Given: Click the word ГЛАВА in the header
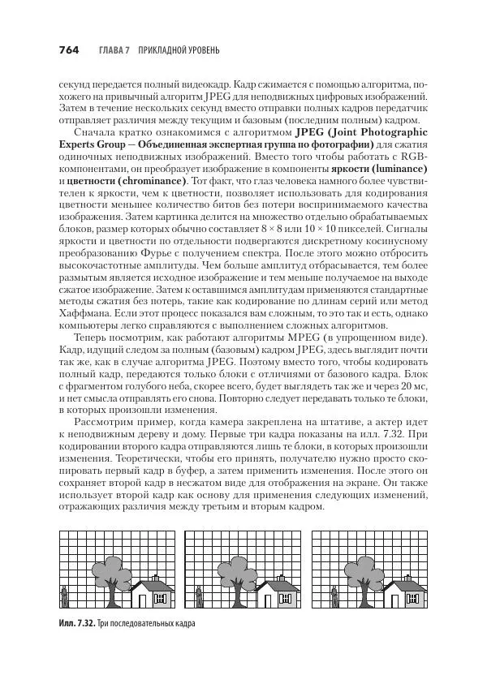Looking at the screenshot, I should pos(112,51).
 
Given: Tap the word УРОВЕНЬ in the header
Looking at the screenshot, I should pos(197,51).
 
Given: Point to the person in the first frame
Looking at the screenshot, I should pos(63,599).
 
